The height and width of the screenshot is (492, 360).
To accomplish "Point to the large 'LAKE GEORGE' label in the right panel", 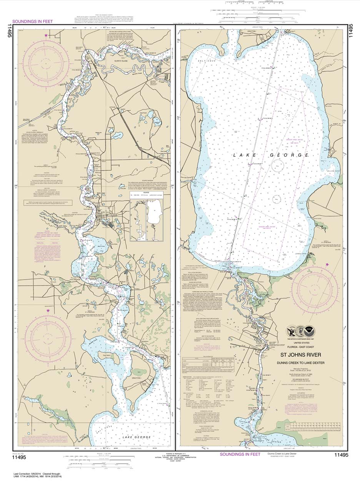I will tap(271, 155).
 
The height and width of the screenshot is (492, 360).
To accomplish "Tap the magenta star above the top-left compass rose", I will tap(47, 35).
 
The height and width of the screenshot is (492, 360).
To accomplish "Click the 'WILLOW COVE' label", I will tap(333, 171).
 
